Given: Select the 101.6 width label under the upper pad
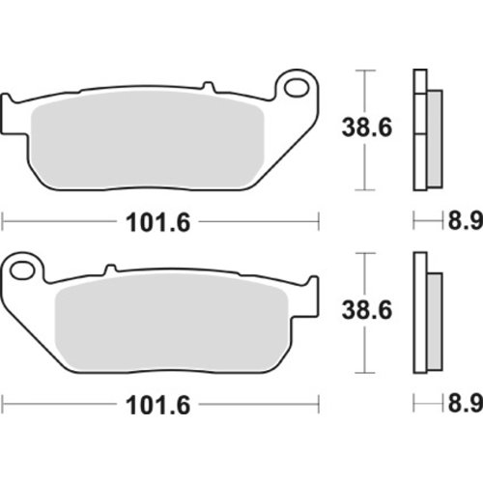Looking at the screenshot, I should pyautogui.click(x=160, y=221).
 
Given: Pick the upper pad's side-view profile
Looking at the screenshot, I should pyautogui.click(x=423, y=129).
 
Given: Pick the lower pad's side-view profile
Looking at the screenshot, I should pyautogui.click(x=423, y=313).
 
